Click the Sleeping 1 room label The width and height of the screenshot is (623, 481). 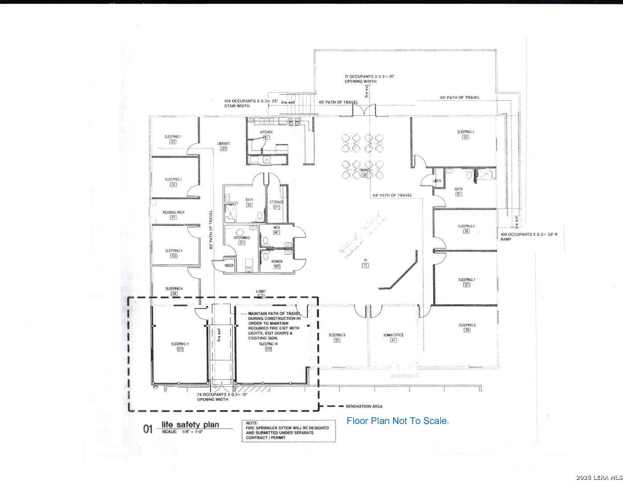click(x=173, y=137)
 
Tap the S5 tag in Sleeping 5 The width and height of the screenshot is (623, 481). click(x=465, y=138)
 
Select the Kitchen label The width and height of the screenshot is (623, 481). click(x=266, y=132)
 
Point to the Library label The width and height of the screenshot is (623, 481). click(x=224, y=144)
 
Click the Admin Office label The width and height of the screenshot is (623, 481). click(x=393, y=335)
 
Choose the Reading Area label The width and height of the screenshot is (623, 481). click(x=173, y=212)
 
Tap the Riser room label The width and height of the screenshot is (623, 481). click(x=229, y=265)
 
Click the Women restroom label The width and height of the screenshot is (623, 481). click(x=277, y=261)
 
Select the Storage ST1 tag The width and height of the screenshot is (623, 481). click(x=276, y=207)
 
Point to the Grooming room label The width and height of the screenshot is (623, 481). click(x=242, y=238)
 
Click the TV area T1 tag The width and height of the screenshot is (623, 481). click(x=365, y=265)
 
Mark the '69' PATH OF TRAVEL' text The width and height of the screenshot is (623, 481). click(x=392, y=196)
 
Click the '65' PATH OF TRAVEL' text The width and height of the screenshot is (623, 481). click(x=460, y=98)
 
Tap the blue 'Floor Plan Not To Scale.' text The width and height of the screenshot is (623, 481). click(x=398, y=421)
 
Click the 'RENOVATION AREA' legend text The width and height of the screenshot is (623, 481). click(x=364, y=406)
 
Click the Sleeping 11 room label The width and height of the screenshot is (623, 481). click(x=180, y=344)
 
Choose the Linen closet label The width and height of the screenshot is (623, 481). click(x=437, y=181)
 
